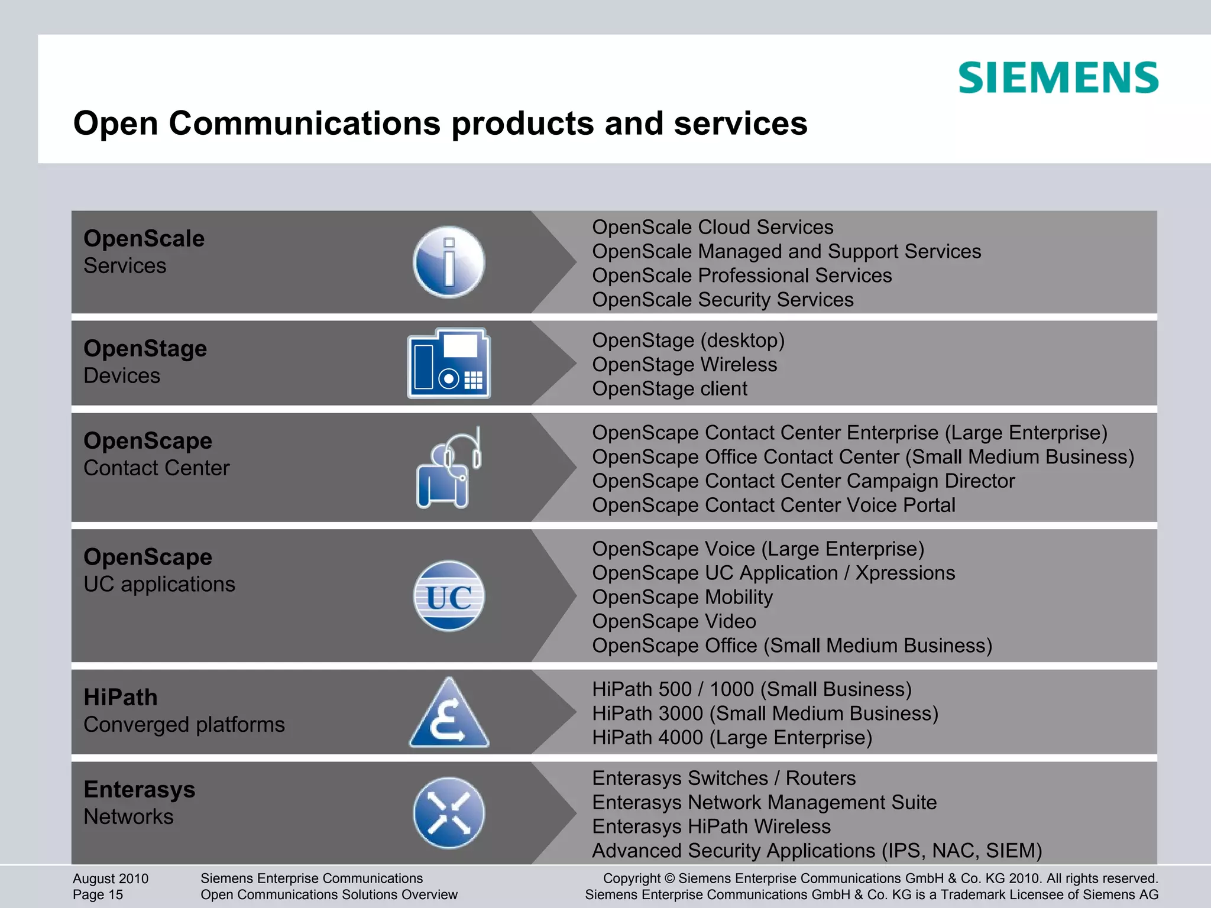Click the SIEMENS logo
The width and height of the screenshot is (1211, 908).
[x=1058, y=77]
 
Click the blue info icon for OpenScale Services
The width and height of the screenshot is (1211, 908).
[x=449, y=262]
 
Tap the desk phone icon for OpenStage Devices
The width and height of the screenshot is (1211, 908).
[x=449, y=363]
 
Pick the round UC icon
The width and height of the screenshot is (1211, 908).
[x=449, y=596]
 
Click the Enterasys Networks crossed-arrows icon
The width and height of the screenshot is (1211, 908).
[x=449, y=813]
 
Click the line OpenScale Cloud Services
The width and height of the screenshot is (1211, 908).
[x=713, y=227]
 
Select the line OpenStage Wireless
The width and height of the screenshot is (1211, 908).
[x=685, y=364]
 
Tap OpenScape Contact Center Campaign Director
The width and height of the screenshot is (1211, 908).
[x=803, y=481]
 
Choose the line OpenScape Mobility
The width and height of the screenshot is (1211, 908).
[x=682, y=597]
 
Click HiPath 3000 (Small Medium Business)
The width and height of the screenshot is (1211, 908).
[x=765, y=714]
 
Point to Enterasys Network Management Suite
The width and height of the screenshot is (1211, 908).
[x=764, y=802]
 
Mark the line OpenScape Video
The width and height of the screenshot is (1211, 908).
[x=674, y=621]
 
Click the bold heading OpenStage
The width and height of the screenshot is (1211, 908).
[x=145, y=349]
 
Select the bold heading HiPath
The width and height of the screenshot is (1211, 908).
[x=121, y=698]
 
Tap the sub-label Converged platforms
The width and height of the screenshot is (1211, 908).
[x=184, y=725]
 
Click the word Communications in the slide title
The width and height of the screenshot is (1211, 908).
[x=305, y=124]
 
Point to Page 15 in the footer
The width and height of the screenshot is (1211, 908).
[x=98, y=894]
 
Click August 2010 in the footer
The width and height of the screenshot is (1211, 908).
[x=111, y=878]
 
